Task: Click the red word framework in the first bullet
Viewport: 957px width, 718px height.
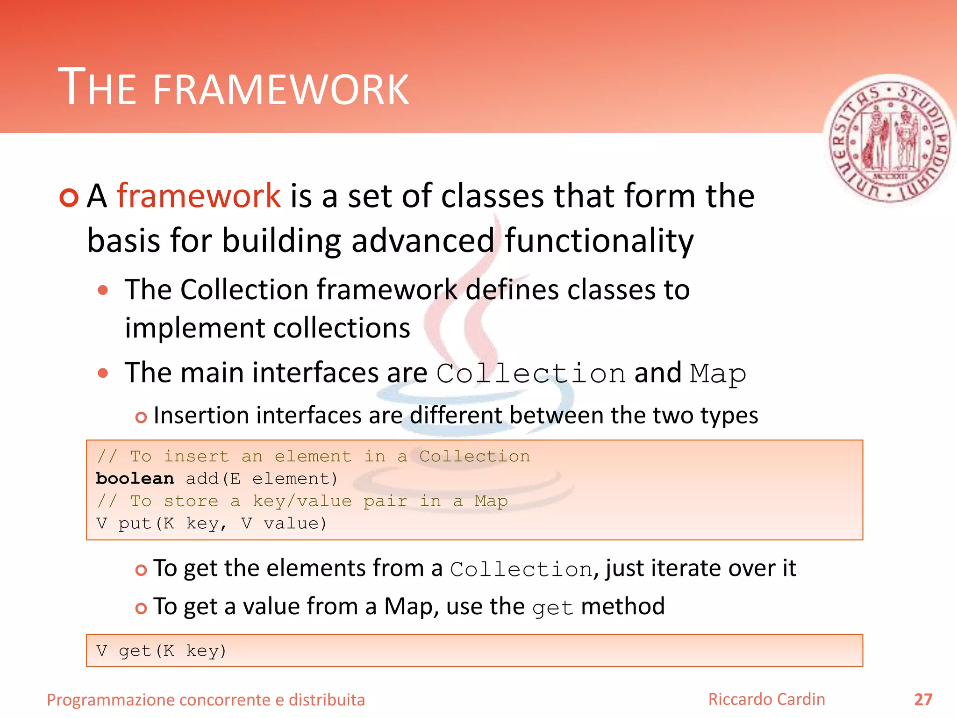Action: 198,195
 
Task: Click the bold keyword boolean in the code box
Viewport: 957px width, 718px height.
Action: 135,479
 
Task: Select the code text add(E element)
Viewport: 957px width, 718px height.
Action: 262,479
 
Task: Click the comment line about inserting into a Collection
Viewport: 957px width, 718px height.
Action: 313,456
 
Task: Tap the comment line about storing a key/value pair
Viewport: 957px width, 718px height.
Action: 302,501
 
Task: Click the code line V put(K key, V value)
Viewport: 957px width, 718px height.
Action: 211,524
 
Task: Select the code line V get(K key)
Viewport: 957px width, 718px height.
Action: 161,651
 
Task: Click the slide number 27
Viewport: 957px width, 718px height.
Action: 923,700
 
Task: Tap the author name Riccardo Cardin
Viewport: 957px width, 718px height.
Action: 766,699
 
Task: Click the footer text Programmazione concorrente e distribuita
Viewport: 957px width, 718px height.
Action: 206,700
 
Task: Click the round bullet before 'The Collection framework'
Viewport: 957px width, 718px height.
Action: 103,290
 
